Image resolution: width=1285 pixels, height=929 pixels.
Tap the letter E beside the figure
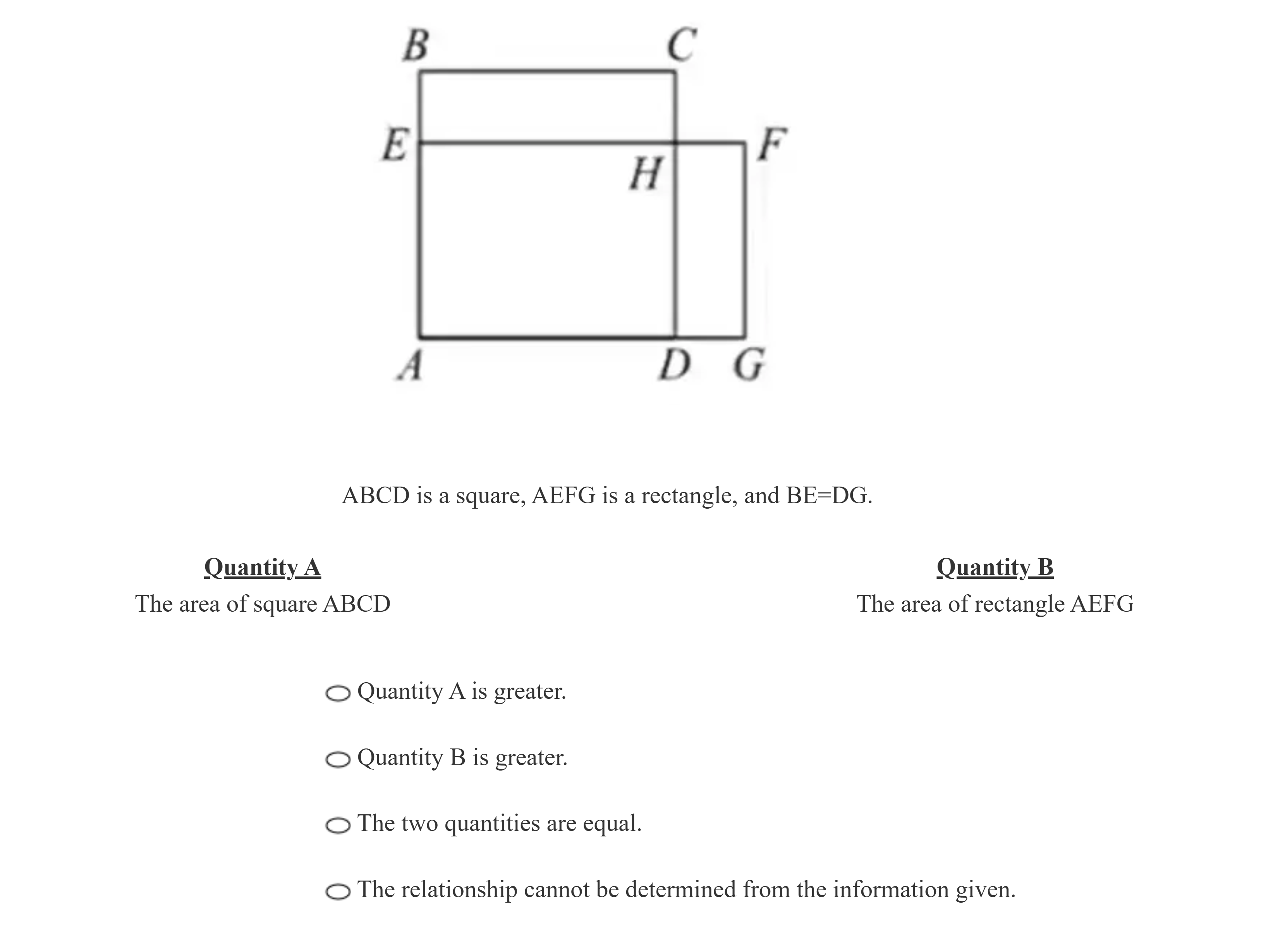point(395,145)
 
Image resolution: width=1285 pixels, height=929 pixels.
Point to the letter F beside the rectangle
point(772,145)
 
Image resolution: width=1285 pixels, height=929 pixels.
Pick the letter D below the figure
point(675,365)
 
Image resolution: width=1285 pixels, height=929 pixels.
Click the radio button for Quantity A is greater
point(338,693)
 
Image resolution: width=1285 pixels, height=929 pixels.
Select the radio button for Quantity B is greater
point(338,760)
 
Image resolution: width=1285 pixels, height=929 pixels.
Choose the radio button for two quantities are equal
point(338,825)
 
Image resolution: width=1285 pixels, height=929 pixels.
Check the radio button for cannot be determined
point(338,891)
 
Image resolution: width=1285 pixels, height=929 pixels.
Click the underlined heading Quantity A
point(262,568)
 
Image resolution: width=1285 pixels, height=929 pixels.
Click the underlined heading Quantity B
point(995,568)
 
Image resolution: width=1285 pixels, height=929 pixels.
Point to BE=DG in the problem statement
point(828,496)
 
